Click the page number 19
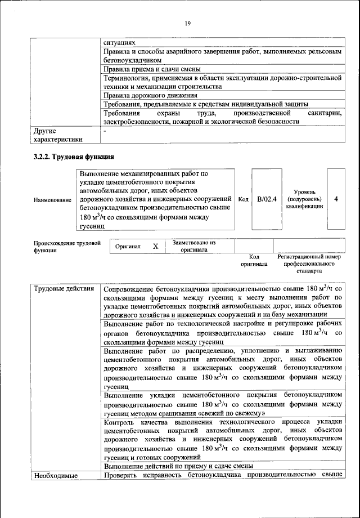(188, 23)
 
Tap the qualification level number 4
(336, 199)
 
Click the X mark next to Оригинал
(155, 247)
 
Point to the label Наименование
(52, 200)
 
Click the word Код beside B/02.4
(244, 199)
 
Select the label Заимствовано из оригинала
(194, 246)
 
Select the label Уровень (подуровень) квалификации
(305, 199)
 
